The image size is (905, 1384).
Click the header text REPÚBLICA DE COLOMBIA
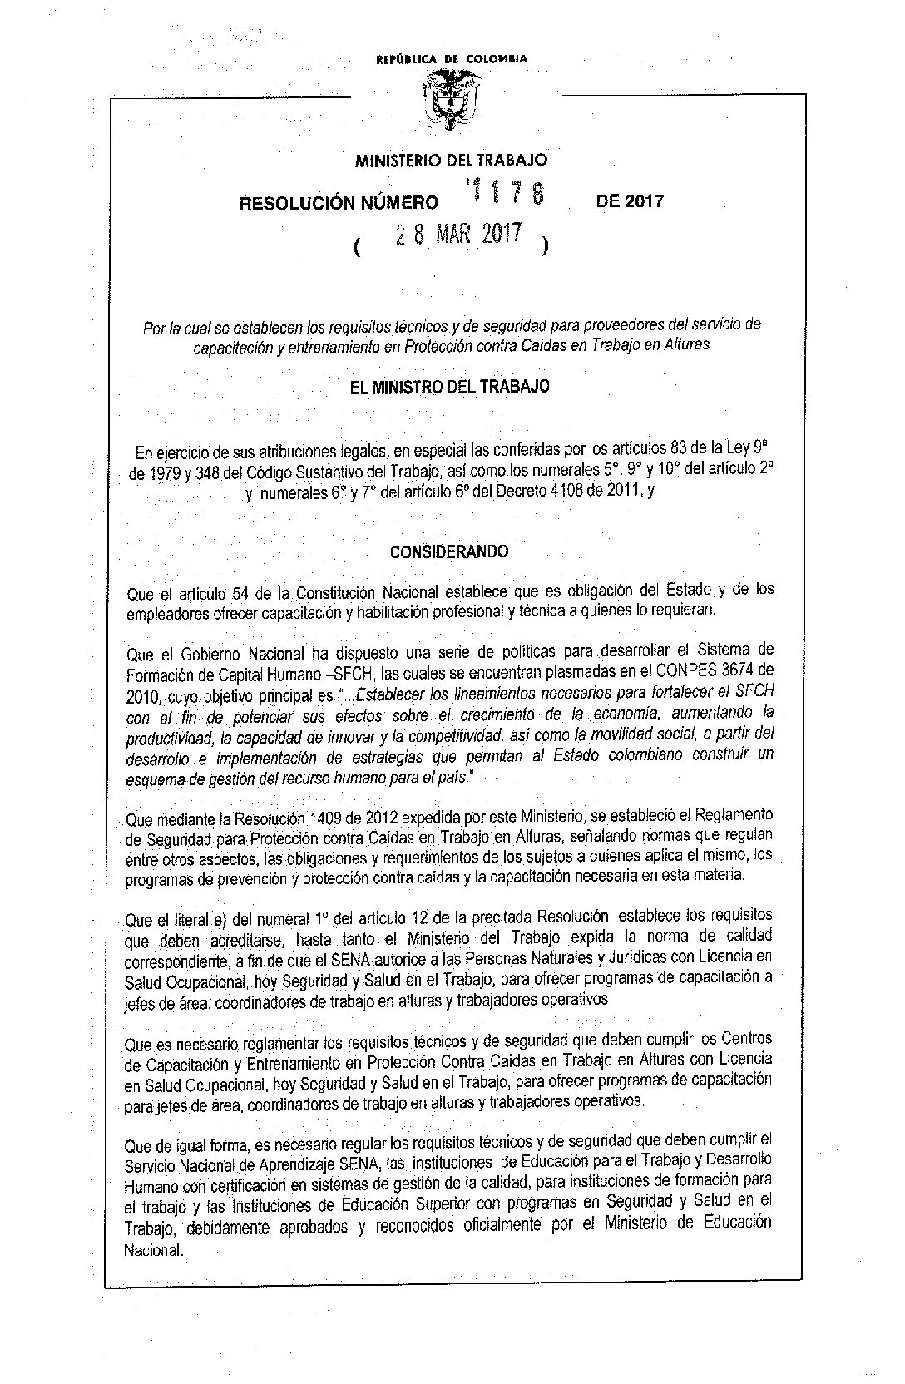[452, 59]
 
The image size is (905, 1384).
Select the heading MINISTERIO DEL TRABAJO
[452, 160]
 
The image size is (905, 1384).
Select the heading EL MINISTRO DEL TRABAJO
[451, 387]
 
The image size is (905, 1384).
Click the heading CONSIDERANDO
[450, 551]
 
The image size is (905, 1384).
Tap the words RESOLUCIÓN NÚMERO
[339, 203]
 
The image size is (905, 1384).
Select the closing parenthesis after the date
[544, 246]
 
